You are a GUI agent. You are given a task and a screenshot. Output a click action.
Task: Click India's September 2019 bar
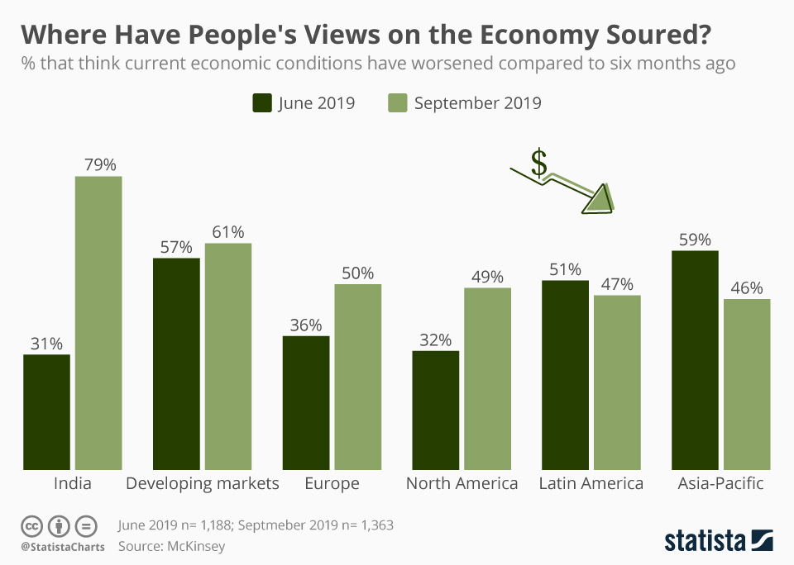click(x=98, y=323)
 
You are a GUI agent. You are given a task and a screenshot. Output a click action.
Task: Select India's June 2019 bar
click(x=46, y=412)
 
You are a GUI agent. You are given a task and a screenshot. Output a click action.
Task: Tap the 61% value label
click(x=228, y=231)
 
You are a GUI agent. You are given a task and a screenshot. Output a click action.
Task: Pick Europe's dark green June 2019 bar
click(x=306, y=402)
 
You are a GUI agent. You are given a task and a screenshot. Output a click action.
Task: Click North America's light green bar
click(x=488, y=379)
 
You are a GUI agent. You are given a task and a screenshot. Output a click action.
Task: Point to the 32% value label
click(x=436, y=339)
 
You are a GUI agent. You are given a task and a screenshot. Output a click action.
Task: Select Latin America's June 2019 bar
click(x=565, y=375)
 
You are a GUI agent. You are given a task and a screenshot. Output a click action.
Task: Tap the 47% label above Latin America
click(x=617, y=284)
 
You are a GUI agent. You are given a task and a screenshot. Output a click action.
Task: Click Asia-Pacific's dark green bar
click(x=695, y=360)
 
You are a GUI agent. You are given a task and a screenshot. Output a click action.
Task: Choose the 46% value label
click(x=747, y=287)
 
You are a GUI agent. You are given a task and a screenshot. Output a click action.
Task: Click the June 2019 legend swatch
click(x=262, y=102)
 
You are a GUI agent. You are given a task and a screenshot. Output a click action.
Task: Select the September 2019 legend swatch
click(x=398, y=102)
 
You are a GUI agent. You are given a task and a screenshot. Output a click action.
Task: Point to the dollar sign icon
click(x=539, y=163)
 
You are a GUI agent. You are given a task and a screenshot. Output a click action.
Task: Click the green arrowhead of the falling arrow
click(x=600, y=200)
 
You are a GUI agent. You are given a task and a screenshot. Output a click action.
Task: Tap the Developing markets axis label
click(x=203, y=483)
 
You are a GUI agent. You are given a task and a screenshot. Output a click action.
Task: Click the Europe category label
click(x=332, y=483)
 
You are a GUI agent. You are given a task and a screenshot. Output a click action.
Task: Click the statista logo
click(x=719, y=540)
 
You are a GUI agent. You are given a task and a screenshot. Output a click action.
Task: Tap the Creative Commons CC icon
click(x=32, y=526)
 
